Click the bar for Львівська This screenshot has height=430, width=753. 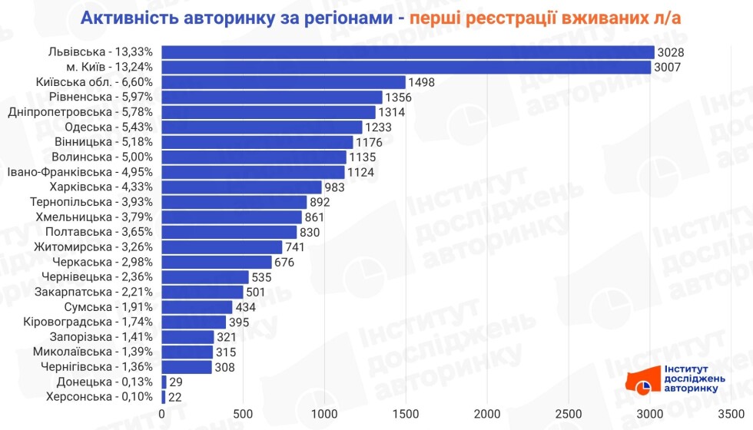point(407,52)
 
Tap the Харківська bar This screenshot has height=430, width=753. point(241,187)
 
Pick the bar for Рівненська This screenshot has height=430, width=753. point(272,97)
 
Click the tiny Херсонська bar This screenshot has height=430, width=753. point(164,397)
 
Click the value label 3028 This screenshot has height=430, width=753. point(671,52)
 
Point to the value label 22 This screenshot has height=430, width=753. point(176,397)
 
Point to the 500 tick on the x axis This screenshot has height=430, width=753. point(243,415)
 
